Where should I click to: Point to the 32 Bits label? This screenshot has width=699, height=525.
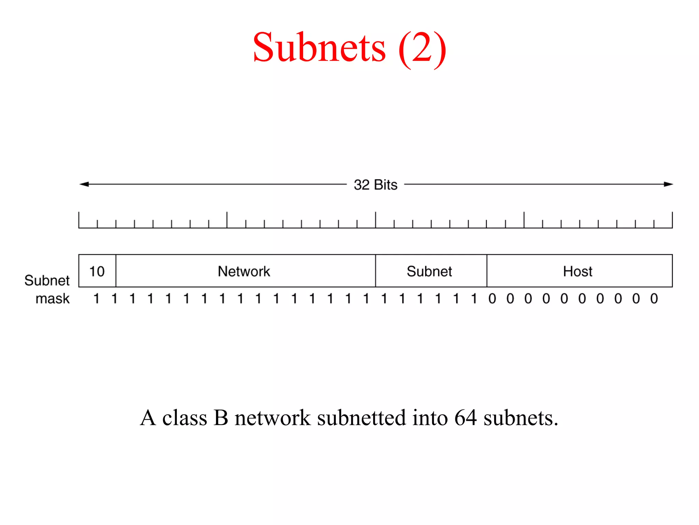coord(375,185)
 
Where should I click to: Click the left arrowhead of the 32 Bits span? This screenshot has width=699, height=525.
coord(84,184)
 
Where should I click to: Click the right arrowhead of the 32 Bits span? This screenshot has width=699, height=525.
coord(668,184)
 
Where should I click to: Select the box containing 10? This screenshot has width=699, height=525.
coord(97,271)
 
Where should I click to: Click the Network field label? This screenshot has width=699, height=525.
coord(244,271)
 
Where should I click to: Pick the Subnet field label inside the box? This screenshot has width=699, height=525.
coord(429,271)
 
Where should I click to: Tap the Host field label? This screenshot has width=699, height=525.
coord(577,271)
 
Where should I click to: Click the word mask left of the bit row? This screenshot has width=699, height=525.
coord(53,299)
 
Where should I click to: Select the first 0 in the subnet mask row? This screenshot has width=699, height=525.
coord(492,299)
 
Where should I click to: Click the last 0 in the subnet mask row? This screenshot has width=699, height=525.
coord(654,299)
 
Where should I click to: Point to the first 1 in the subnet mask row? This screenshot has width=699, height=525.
coord(97,299)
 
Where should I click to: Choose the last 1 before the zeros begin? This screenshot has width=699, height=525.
coord(474,299)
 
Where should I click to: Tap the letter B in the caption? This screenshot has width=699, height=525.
coord(221,418)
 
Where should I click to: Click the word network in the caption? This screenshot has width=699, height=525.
coord(272,418)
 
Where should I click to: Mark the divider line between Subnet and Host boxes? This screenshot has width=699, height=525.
coord(487,271)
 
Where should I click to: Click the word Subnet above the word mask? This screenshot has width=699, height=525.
coord(47,281)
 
